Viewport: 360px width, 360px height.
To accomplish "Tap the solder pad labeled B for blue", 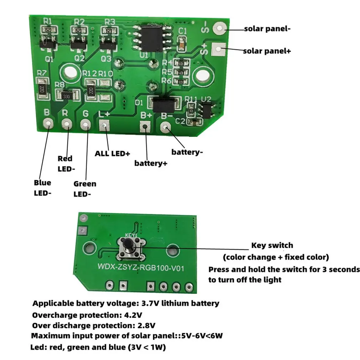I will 47,124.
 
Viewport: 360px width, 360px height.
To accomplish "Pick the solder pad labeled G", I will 85,124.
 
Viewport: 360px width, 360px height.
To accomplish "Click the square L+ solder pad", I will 104,125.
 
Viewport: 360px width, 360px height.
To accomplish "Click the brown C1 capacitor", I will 182,44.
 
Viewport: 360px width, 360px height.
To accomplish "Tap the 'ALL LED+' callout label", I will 112,154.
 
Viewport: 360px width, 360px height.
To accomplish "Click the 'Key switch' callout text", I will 272,245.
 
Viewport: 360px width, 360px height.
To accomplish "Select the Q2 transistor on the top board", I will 78,45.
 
